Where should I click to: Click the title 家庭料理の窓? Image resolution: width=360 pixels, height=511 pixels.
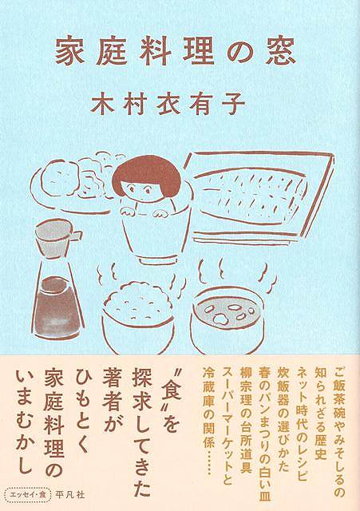[176, 52]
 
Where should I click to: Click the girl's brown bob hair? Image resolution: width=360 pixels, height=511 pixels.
[144, 176]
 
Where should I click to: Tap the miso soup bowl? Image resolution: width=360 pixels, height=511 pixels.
[227, 320]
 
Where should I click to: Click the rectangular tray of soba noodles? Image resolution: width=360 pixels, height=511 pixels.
[257, 196]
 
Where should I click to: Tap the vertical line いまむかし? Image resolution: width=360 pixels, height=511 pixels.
[24, 421]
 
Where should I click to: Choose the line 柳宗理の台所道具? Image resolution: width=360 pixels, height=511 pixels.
[247, 422]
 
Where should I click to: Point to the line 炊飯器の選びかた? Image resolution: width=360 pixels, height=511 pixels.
[283, 422]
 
